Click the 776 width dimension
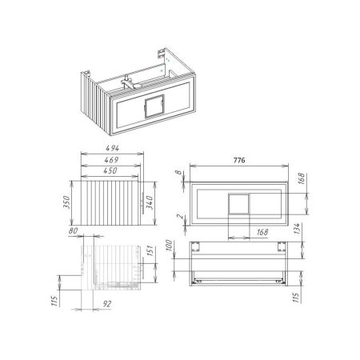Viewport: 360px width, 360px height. click(x=238, y=159)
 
